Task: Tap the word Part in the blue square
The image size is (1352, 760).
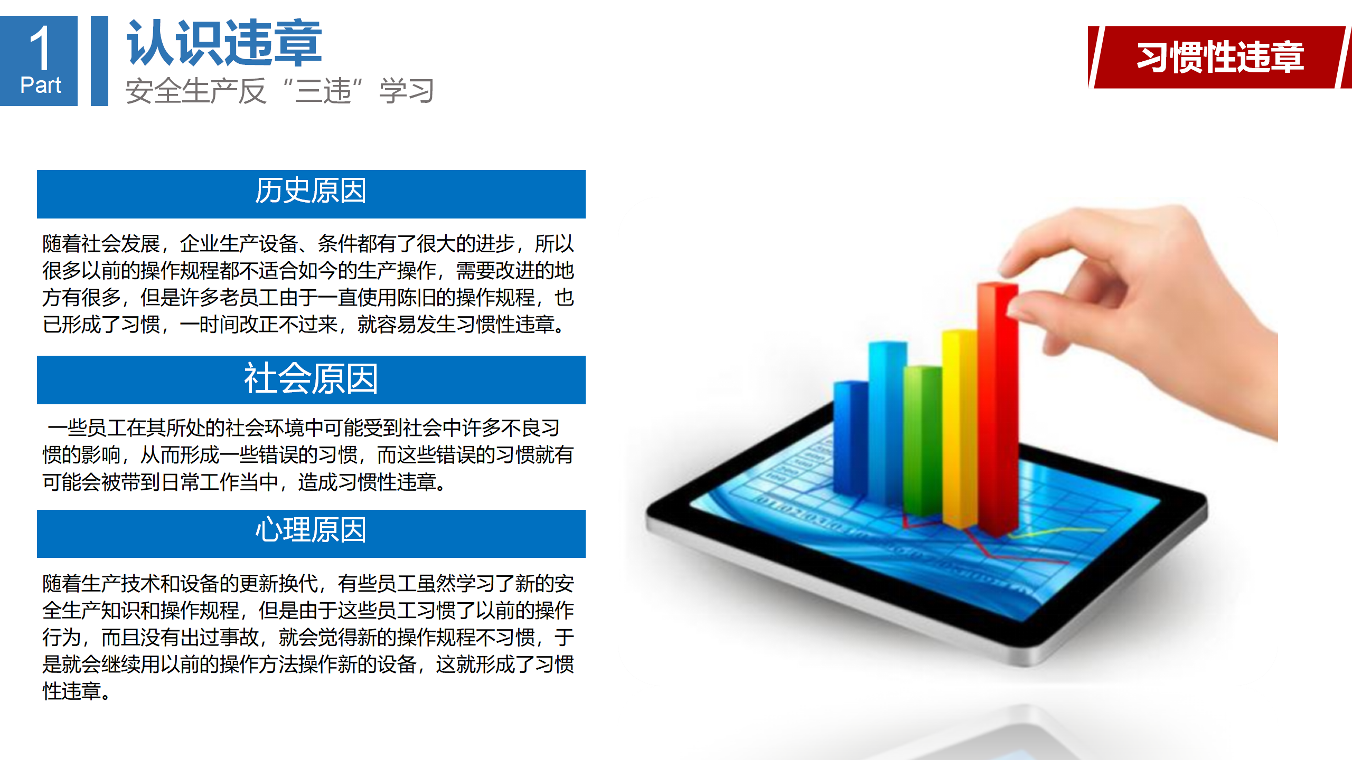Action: coord(41,85)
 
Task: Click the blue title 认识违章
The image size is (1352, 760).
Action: coord(224,43)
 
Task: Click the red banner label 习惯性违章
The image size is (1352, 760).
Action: coord(1220,56)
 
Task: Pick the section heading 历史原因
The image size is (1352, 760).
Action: coord(311,191)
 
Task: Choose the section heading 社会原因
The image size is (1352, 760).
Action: coord(311,378)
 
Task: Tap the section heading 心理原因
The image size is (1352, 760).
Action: coord(311,529)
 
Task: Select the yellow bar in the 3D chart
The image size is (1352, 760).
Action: coord(960,427)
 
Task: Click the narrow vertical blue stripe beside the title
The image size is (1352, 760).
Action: coord(99,61)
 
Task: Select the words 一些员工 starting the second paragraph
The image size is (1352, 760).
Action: coord(87,428)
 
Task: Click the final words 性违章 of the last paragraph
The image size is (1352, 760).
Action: coord(72,691)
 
